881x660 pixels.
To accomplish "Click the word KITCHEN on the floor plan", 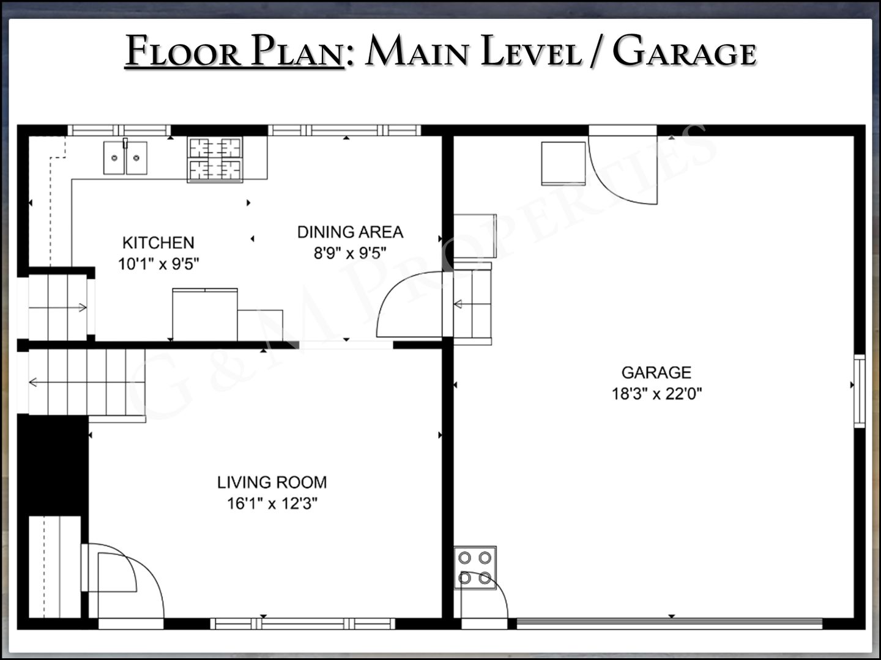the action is pyautogui.click(x=158, y=243).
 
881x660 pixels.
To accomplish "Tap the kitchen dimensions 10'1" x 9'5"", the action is pyautogui.click(x=158, y=263).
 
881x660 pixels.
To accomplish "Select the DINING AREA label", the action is pyautogui.click(x=350, y=232).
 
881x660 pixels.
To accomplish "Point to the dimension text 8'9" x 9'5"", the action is pyautogui.click(x=350, y=253).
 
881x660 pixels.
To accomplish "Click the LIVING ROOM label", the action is pyautogui.click(x=272, y=482).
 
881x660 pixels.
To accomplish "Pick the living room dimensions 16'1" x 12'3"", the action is pyautogui.click(x=272, y=504).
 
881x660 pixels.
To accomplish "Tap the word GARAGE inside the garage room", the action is pyautogui.click(x=656, y=373).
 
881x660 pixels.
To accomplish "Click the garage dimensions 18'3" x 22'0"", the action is pyautogui.click(x=656, y=394).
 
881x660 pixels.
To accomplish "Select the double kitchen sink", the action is pyautogui.click(x=125, y=158).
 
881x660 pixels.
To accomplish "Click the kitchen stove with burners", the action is pyautogui.click(x=215, y=159).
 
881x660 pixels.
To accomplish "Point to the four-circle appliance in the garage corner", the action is pyautogui.click(x=475, y=568).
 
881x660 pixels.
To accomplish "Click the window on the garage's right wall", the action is pyautogui.click(x=859, y=391).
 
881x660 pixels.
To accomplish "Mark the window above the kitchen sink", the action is pyautogui.click(x=119, y=131).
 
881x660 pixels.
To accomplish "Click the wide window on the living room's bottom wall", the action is pyautogui.click(x=303, y=623).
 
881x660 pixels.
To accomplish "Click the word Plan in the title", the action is pyautogui.click(x=298, y=51).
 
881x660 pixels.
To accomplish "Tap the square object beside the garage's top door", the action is pyautogui.click(x=563, y=164).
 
